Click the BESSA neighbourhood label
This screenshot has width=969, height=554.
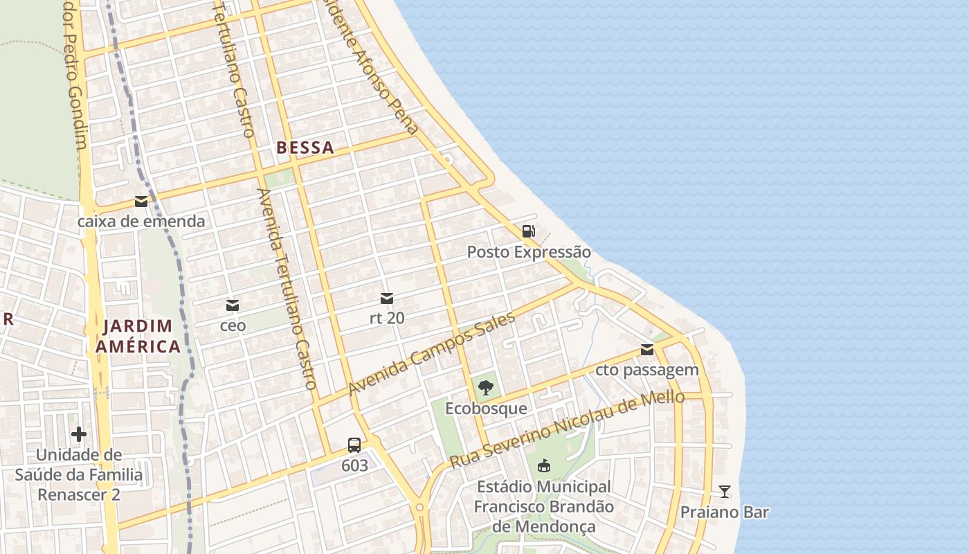(x=305, y=148)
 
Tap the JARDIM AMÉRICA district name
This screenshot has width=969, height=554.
(x=138, y=336)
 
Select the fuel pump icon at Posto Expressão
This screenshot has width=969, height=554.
(x=529, y=231)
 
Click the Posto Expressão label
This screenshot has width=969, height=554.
(x=529, y=252)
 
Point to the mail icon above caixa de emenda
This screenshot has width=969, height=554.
(x=141, y=202)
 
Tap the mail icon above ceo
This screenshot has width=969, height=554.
(x=233, y=305)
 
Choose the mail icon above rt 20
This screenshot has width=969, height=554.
(x=387, y=298)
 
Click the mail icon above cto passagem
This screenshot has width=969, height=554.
(x=647, y=350)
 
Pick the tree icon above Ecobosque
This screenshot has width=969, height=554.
(x=486, y=388)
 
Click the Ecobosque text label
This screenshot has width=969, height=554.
(x=486, y=409)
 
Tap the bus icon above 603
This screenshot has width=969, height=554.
(x=354, y=445)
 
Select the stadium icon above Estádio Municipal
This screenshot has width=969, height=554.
(x=544, y=465)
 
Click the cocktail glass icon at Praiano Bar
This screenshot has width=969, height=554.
(x=725, y=492)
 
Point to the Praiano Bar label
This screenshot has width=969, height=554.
(x=725, y=512)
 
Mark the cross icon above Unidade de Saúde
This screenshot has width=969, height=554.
(x=79, y=434)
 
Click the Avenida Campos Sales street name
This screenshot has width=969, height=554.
(x=432, y=354)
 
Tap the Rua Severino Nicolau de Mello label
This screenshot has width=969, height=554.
(x=567, y=429)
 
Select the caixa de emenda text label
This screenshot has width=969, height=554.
(x=141, y=222)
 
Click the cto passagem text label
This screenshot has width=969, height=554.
(x=647, y=370)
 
